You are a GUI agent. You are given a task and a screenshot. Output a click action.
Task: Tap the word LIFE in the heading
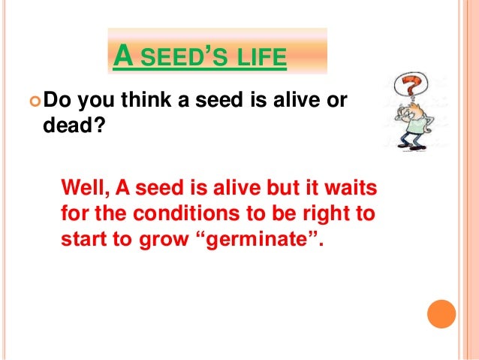tap(260, 56)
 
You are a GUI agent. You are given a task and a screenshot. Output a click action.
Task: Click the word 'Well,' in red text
tap(84, 186)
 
